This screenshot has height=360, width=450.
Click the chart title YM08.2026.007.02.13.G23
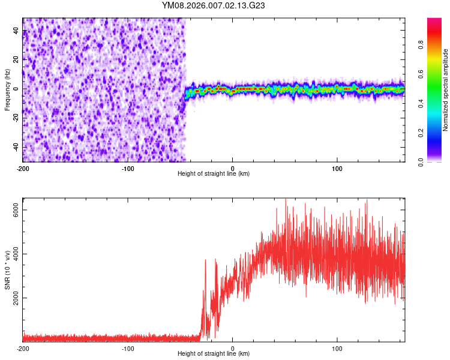point(214,6)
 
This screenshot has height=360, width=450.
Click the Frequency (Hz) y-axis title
point(7,89)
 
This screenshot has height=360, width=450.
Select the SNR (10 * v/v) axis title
point(7,270)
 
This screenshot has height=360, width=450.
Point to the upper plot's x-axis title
point(214,173)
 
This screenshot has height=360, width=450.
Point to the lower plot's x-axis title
point(214,354)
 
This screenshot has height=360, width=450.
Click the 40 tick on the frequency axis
point(16,31)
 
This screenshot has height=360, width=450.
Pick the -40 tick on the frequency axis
point(15,148)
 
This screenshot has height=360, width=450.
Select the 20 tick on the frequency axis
point(16,60)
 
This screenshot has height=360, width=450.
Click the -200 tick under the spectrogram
point(23,167)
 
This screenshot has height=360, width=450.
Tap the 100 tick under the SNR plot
point(337,348)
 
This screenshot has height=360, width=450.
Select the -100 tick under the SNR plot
point(128,348)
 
